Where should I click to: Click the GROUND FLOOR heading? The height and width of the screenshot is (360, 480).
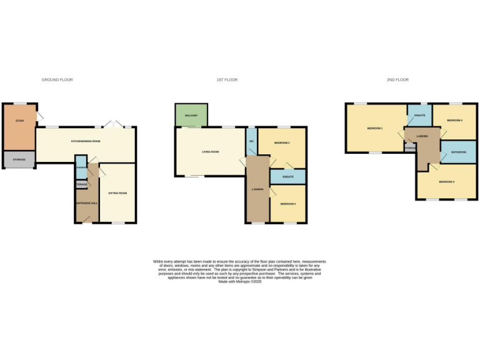(57, 80)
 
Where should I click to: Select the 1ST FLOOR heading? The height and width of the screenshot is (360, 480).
(227, 80)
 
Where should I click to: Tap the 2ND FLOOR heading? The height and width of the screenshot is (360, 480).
(397, 80)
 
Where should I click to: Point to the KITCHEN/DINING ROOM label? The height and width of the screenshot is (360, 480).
(86, 142)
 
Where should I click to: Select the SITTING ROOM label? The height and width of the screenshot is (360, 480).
(117, 193)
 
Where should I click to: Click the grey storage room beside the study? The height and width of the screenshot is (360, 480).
(19, 160)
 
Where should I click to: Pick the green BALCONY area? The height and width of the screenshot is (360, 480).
(191, 116)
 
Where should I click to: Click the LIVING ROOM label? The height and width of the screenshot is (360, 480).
(210, 152)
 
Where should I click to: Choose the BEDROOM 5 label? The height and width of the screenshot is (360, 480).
(288, 204)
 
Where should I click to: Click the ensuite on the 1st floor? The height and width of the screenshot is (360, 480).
(288, 177)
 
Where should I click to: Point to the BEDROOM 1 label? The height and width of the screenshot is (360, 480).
(374, 128)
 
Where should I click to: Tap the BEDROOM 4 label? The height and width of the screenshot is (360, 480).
(454, 121)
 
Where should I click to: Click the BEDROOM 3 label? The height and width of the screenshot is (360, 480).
(446, 182)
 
